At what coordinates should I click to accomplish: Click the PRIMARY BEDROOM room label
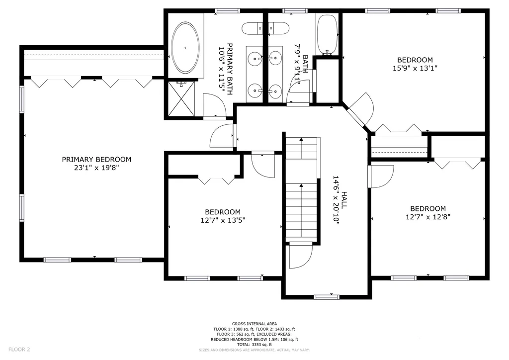pos(96,160)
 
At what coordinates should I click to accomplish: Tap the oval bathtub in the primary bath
pos(185,47)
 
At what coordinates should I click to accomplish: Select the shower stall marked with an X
pos(181,98)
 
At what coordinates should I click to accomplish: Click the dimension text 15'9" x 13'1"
pos(415,68)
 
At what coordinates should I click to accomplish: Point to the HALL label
pos(344,200)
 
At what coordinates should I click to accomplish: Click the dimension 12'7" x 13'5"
pos(223,220)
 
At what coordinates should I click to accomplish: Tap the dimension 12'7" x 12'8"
pos(428,217)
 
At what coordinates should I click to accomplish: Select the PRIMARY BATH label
pos(230,69)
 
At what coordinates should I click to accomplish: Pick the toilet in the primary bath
pos(254,28)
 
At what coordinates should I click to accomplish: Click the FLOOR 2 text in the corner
pos(19,350)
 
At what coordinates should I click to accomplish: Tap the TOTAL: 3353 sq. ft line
pos(254,345)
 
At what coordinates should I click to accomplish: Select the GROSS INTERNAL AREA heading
pos(254,324)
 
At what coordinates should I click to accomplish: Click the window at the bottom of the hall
pos(327,297)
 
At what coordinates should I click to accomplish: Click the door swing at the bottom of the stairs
pos(301,256)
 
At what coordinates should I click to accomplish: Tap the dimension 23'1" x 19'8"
pos(96,168)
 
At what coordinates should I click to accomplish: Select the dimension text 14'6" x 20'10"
pos(336,200)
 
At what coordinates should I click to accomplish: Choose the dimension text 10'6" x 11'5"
pos(221,69)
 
